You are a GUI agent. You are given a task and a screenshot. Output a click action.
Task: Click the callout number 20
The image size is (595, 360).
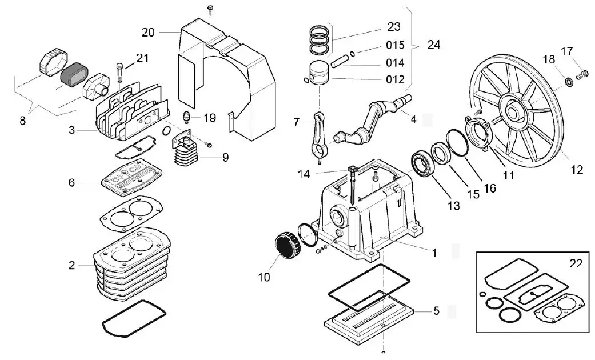(148, 33)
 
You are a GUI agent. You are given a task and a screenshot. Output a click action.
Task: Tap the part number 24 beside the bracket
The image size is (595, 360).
(434, 45)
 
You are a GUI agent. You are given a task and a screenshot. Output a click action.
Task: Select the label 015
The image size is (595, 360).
(395, 45)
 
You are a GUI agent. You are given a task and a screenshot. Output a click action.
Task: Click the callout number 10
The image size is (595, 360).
(263, 278)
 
